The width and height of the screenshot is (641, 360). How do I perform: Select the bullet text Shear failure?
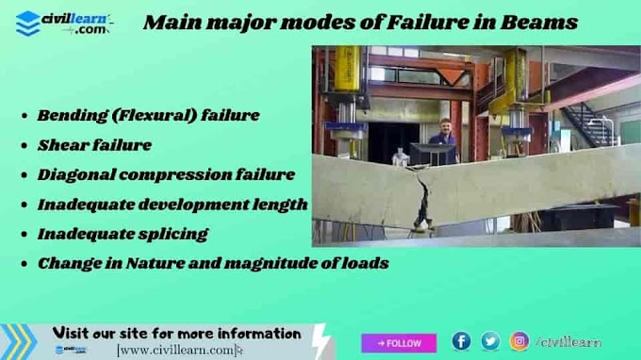tap(94, 145)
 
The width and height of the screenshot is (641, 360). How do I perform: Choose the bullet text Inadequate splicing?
tap(123, 233)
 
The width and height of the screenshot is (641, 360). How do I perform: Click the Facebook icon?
tap(461, 341)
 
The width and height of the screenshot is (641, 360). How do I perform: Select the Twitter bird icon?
tap(490, 341)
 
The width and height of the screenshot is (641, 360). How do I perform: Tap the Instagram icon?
tap(519, 341)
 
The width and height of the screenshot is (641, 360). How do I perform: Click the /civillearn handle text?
tap(568, 342)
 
